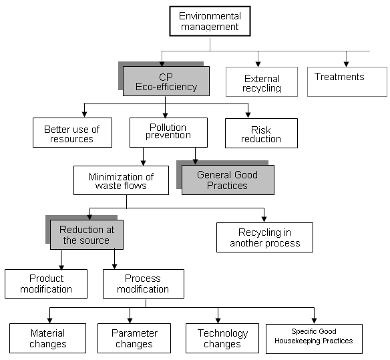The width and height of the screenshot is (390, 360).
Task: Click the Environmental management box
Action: pyautogui.click(x=210, y=21)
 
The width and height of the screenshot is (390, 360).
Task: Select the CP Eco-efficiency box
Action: pyautogui.click(x=166, y=81)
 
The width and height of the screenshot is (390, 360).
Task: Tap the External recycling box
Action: pyautogui.click(x=262, y=82)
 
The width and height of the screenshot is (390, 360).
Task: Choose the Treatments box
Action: pyautogui.click(x=347, y=81)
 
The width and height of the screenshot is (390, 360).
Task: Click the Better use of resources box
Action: pyautogui.click(x=72, y=133)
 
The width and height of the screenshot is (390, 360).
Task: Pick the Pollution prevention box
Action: pyautogui.click(x=169, y=132)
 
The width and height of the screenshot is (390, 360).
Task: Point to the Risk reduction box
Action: pyautogui.click(x=261, y=133)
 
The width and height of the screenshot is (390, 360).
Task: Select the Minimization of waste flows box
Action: pyautogui.click(x=121, y=180)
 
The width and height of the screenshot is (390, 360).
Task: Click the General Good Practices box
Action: pyautogui.click(x=228, y=180)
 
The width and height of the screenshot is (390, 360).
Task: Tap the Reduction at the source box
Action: pyautogui.click(x=87, y=234)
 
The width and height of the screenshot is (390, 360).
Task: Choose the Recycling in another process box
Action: pyautogui.click(x=264, y=237)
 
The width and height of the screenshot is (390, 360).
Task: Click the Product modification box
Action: pyautogui.click(x=46, y=284)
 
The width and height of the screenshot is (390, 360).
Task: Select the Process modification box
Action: pyautogui.click(x=144, y=284)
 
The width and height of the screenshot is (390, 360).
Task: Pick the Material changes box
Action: pyautogui.click(x=48, y=338)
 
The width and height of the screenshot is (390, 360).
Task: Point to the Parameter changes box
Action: pyautogui.click(x=134, y=338)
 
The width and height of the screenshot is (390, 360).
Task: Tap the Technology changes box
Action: pyautogui.click(x=222, y=338)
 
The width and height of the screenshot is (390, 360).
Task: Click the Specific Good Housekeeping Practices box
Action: pyautogui.click(x=314, y=339)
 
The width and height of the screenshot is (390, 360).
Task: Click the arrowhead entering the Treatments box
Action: pyautogui.click(x=346, y=64)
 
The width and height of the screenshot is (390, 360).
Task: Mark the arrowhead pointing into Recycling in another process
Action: pyautogui.click(x=264, y=219)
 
